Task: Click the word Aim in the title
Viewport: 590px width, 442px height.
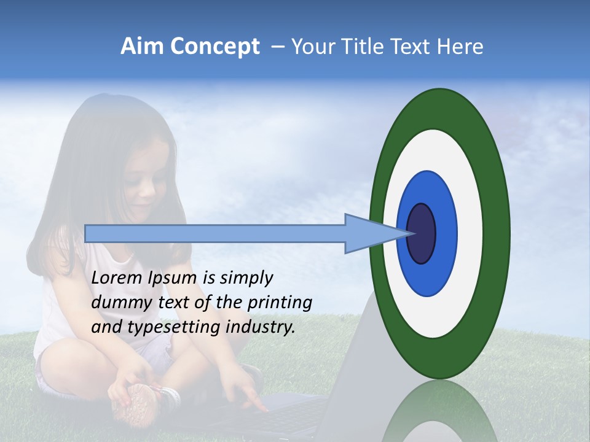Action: click(142, 47)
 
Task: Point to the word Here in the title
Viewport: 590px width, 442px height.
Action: click(460, 47)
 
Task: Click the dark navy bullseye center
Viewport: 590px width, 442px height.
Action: click(422, 233)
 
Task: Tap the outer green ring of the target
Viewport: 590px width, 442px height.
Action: click(498, 233)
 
